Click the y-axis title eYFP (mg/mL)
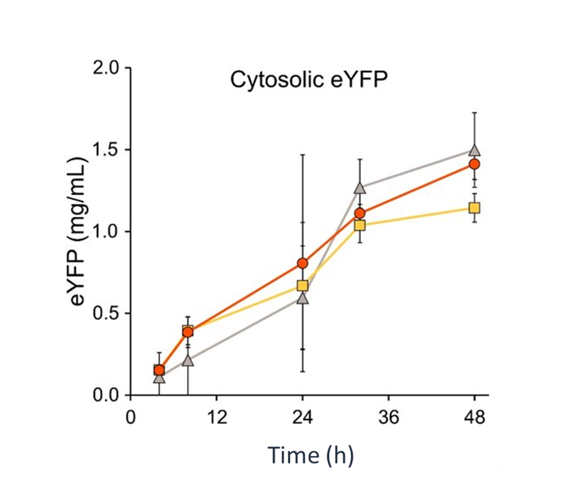79,232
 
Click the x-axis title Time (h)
310,455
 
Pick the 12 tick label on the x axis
217,418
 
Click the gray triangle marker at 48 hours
474,151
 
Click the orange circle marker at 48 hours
474,165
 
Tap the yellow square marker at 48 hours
474,208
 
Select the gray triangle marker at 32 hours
360,188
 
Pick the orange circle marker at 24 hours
303,263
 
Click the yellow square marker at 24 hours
303,286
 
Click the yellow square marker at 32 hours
360,225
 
